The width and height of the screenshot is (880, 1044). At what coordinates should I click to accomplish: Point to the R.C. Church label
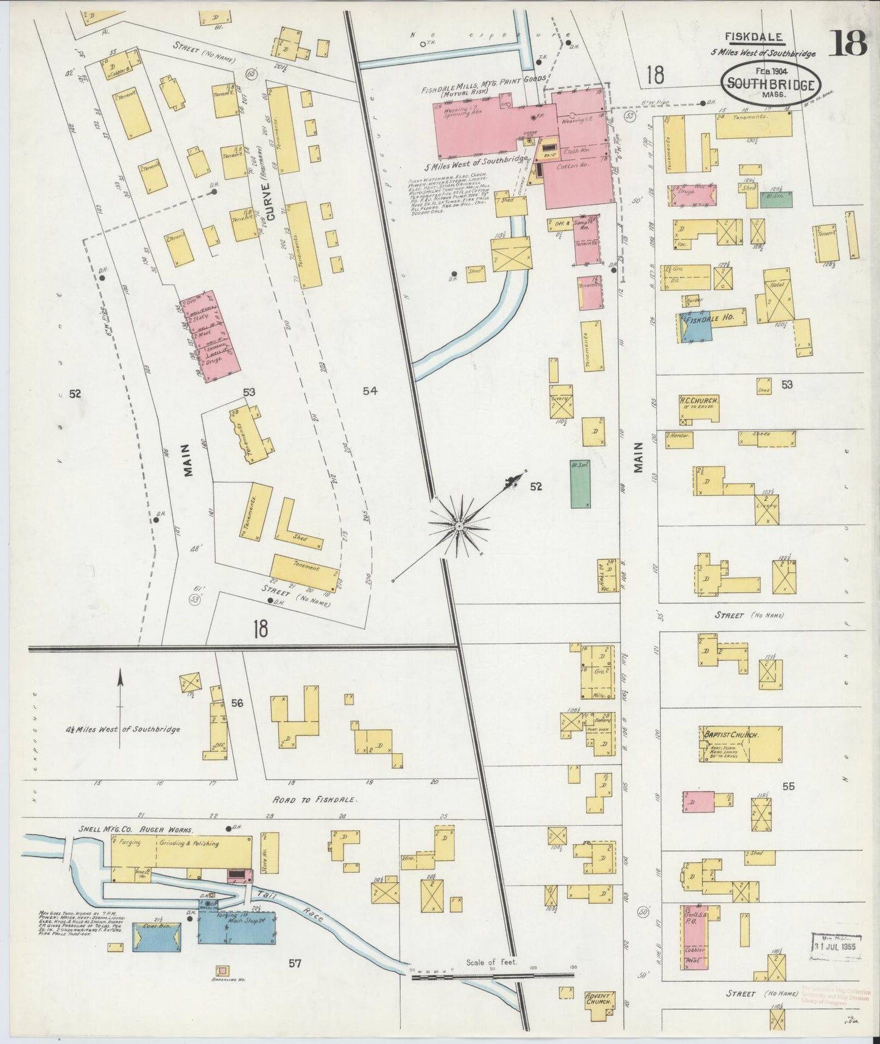click(699, 401)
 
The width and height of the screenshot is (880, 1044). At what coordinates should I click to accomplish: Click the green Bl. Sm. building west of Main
click(581, 484)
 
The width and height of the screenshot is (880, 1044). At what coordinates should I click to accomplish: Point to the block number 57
click(295, 963)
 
